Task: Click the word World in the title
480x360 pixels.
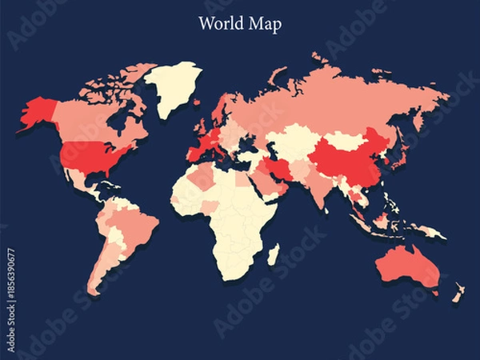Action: click(x=220, y=23)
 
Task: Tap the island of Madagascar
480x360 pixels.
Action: click(x=273, y=255)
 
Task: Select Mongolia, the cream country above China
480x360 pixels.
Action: click(x=343, y=140)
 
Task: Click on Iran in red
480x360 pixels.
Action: click(x=279, y=167)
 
